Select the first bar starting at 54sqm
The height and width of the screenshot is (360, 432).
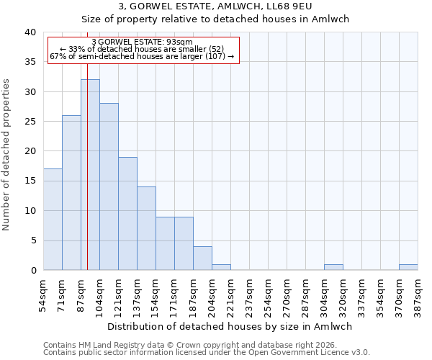pos(53,220)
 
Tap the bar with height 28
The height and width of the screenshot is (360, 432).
pos(109,186)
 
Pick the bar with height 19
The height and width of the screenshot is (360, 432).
pos(127,213)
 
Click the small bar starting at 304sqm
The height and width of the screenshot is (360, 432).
pos(333,267)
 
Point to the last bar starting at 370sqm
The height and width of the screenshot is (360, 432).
pos(408,267)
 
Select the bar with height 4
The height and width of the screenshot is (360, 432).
pos(202,258)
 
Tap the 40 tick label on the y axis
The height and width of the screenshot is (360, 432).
pos(30,32)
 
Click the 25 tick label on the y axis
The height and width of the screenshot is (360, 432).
pos(30,122)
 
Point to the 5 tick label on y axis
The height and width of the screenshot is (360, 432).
pos(32,240)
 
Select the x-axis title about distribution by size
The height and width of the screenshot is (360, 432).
pos(230,326)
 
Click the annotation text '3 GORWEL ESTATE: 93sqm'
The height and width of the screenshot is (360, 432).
pos(143,42)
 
